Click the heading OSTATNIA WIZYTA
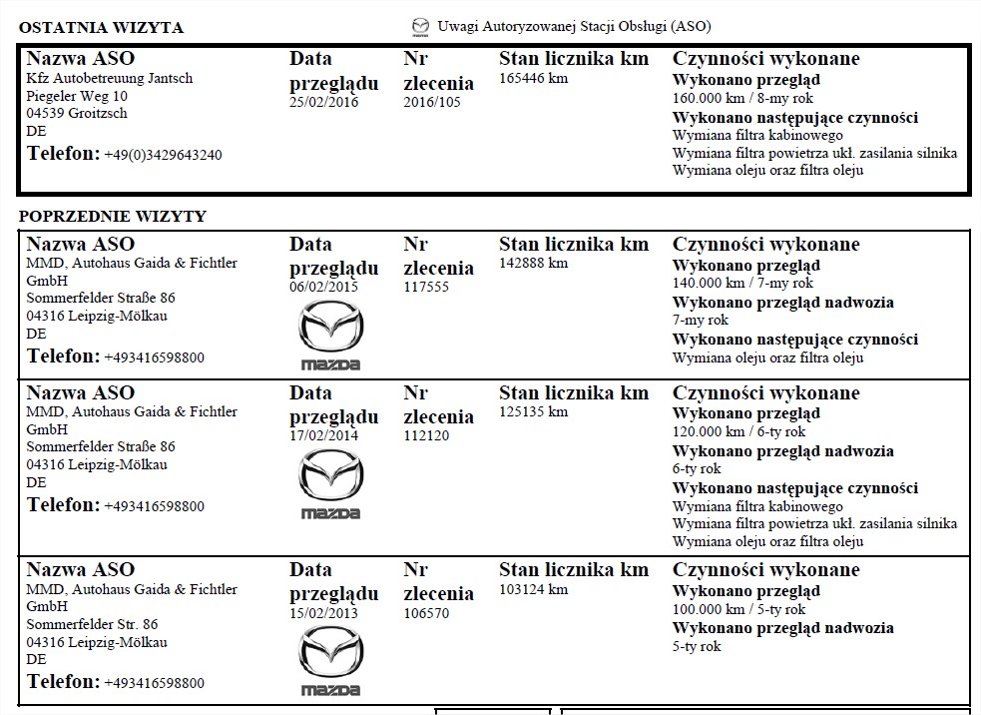101,27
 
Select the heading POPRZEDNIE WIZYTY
113,216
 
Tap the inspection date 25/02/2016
323,102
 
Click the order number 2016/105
432,102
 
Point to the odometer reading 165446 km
533,78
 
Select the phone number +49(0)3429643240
163,155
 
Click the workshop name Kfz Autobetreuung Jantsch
110,78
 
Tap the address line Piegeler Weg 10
77,96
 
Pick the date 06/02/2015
323,287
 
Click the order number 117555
426,287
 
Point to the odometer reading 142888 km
533,263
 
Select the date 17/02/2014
323,435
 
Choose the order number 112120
426,435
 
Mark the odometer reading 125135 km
533,411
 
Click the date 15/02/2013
323,613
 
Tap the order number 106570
426,613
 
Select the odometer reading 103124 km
533,589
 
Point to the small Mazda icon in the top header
420,26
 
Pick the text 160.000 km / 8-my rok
742,98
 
